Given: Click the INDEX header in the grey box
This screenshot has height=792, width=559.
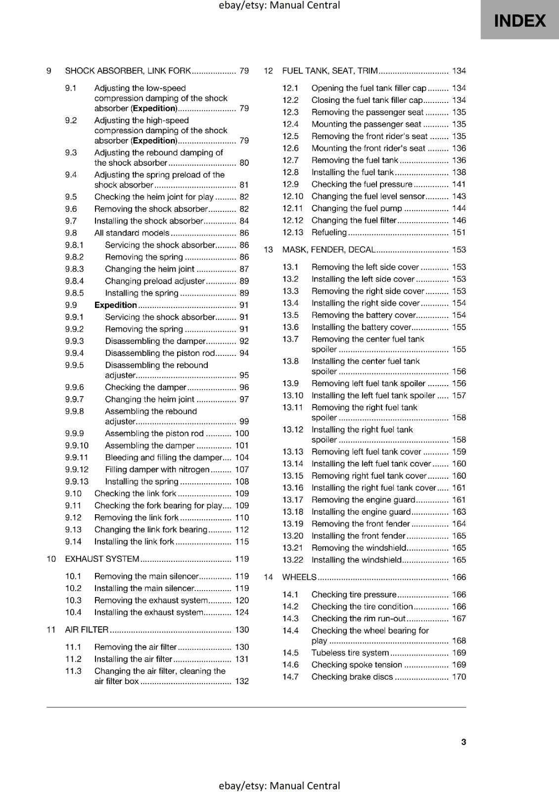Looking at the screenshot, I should [519, 21].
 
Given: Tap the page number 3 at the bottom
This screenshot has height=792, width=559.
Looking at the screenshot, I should [464, 742].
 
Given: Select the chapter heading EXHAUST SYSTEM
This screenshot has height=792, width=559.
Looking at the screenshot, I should [102, 559].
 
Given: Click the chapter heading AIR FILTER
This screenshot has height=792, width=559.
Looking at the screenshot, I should [87, 630].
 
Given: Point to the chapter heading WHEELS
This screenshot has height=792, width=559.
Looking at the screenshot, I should [299, 577].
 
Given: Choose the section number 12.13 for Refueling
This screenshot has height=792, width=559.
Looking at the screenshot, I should [293, 232].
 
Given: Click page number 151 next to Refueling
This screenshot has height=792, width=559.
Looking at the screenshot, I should [459, 232].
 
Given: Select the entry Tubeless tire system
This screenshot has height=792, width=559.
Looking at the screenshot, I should [350, 653].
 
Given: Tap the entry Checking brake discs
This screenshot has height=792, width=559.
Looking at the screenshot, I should [352, 677].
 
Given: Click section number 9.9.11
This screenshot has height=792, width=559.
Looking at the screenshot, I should [77, 457].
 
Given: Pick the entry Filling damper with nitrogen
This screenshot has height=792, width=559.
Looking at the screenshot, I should [157, 469].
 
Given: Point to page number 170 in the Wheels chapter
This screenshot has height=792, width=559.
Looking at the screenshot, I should [459, 677].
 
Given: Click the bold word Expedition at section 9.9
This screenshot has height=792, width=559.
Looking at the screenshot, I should [115, 305].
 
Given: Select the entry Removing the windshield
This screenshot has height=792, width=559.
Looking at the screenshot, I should [359, 548].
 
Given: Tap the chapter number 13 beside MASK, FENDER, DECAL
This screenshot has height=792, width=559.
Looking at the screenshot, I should [268, 250].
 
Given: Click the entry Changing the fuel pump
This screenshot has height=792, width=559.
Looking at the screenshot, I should [357, 208].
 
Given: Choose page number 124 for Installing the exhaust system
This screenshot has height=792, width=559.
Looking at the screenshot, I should [242, 612].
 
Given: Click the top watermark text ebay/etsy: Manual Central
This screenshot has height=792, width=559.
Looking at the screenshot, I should [279, 5].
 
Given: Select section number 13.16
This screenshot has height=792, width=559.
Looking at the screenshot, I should [293, 488].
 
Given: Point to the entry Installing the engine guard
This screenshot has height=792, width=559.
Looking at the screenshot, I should [361, 512].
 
